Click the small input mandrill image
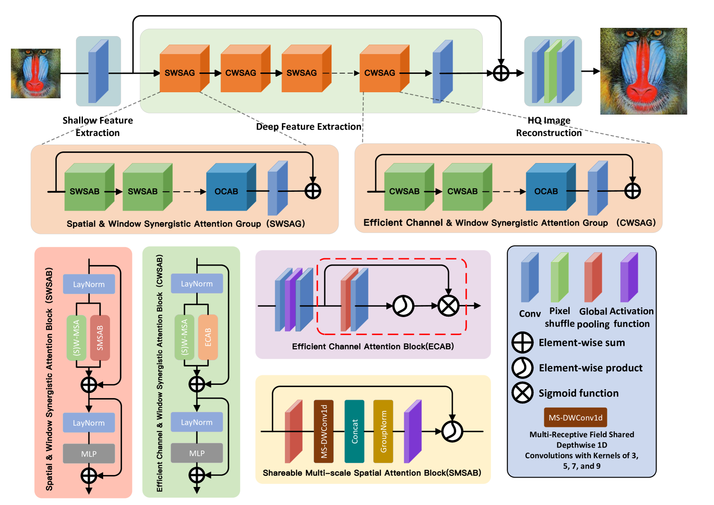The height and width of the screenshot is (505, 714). click(36, 73)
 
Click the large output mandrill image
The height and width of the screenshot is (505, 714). click(643, 71)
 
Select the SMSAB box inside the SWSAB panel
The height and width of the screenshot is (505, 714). click(100, 338)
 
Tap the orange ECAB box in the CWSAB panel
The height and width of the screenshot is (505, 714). click(208, 337)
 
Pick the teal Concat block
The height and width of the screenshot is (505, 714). click(354, 431)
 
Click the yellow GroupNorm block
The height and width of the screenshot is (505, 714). click(383, 431)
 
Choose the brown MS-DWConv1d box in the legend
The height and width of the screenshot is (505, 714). click(575, 417)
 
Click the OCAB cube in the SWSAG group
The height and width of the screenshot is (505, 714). click(231, 187)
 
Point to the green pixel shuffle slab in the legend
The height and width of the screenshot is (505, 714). click(559, 277)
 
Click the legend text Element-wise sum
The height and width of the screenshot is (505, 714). click(582, 343)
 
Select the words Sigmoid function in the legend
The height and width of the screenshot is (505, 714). click(579, 393)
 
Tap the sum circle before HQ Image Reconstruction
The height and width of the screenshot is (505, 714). click(501, 73)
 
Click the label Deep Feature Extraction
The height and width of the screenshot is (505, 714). click(308, 127)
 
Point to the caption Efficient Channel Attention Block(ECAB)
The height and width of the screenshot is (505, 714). click(373, 346)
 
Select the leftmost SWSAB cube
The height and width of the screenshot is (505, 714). click(89, 187)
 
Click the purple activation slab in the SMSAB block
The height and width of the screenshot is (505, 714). click(413, 431)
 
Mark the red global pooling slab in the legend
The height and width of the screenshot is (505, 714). click(593, 277)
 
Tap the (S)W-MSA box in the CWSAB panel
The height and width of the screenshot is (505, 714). click(184, 337)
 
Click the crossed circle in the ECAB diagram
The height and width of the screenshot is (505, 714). click(449, 305)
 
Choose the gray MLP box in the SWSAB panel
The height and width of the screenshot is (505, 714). click(88, 454)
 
